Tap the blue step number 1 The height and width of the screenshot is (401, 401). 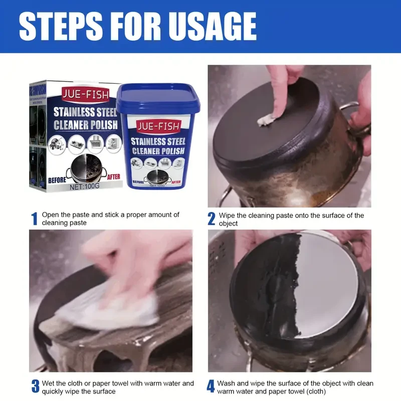[x=34, y=219]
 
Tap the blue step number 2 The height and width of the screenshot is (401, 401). [x=212, y=219]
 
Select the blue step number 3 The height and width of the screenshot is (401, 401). [x=35, y=386]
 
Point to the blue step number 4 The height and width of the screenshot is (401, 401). [x=211, y=386]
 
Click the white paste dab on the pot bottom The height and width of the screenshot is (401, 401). [x=264, y=119]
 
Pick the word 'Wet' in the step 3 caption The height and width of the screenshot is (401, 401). [x=49, y=383]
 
